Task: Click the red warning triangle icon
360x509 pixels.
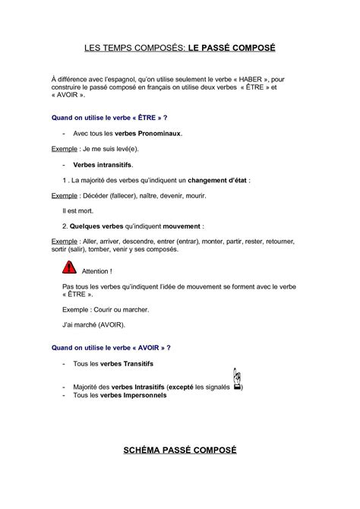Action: pyautogui.click(x=69, y=267)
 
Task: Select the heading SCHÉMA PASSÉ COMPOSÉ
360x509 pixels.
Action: pyautogui.click(x=180, y=451)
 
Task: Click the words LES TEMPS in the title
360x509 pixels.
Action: pyautogui.click(x=111, y=48)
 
